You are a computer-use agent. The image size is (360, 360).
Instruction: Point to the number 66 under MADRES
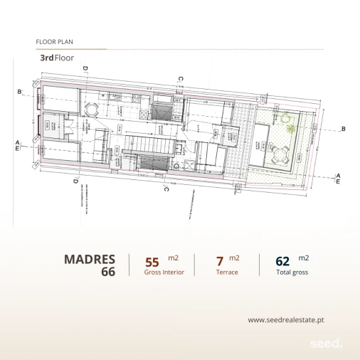point(107,272)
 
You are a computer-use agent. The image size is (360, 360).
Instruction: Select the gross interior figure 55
point(152,261)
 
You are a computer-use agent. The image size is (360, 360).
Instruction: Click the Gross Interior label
point(164,272)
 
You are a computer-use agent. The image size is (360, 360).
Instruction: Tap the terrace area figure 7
point(220,261)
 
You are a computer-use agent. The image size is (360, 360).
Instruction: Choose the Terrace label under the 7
point(227,272)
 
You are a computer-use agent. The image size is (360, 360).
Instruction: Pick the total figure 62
point(282,261)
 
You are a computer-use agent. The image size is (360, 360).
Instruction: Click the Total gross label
point(292,272)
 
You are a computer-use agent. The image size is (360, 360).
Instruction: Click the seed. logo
point(326,343)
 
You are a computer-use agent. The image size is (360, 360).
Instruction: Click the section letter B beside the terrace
point(343,129)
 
